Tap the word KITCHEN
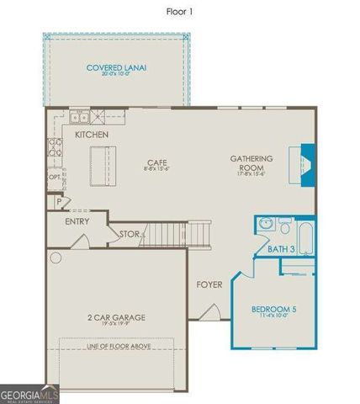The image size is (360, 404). point(91,135)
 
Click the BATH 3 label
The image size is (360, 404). point(279,249)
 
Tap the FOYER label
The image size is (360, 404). point(209,284)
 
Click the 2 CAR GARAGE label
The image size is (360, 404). point(116,317)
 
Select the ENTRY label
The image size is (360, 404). point(78,221)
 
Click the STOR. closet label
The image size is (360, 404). point(129,234)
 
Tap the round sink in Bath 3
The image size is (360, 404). point(266,225)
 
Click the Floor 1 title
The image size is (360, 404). point(180,12)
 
